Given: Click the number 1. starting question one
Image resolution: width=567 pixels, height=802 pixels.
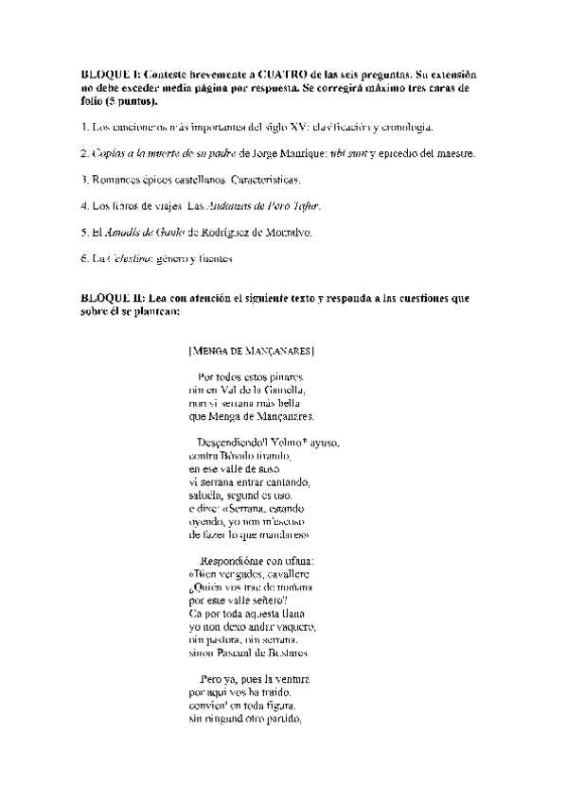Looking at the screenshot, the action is (85, 127).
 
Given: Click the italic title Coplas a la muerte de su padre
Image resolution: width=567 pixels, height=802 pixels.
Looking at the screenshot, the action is (166, 152).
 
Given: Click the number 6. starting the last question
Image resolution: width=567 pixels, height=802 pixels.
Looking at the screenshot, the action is (85, 257).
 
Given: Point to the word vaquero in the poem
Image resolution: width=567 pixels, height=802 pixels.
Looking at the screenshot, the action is (294, 626).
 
